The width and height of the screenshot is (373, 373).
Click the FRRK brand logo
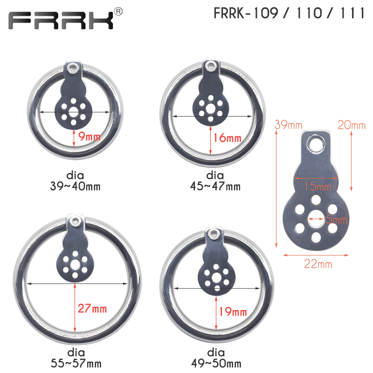click(61, 21)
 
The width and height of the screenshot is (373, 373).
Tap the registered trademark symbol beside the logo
click(118, 11)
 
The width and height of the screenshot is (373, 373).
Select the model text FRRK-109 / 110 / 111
click(289, 13)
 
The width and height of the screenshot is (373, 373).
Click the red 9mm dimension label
click(89, 136)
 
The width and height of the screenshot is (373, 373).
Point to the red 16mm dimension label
click(227, 138)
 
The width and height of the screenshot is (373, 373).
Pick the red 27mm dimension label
click(92, 309)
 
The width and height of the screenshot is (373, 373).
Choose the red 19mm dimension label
click(233, 311)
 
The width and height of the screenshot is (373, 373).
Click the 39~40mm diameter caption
click(75, 186)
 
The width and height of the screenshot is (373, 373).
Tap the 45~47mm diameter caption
click(215, 186)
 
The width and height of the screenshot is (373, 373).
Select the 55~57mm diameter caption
click(76, 363)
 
